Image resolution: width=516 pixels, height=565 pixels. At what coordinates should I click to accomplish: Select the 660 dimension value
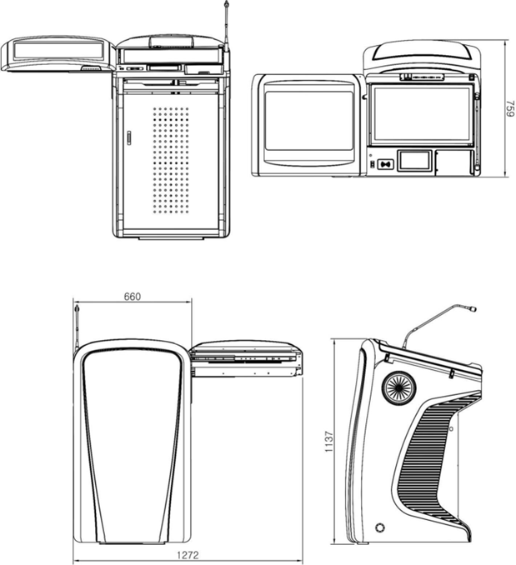(132, 297)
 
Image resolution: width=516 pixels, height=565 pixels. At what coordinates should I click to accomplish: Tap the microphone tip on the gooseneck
(472, 310)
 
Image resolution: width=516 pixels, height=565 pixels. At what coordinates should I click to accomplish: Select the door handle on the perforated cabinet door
(129, 137)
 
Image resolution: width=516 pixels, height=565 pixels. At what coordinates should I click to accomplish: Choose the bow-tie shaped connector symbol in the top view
(385, 164)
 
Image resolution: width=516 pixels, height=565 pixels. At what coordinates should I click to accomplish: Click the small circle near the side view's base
(380, 528)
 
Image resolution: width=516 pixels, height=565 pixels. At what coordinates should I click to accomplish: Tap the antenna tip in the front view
(226, 7)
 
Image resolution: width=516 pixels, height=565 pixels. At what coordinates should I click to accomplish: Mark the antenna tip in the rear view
(78, 308)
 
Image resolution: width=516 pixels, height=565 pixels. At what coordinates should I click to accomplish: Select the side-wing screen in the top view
(308, 121)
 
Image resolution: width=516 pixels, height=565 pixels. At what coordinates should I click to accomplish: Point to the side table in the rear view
(244, 357)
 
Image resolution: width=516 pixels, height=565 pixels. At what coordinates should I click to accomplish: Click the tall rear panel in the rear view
(133, 442)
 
